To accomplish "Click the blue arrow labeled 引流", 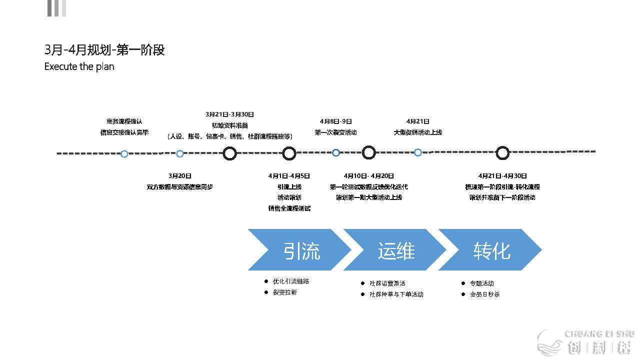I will click(300, 250).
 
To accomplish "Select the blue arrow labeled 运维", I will click(395, 250).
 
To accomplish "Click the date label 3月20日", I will click(180, 176).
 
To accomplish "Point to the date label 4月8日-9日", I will click(336, 121).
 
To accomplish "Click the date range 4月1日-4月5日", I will click(289, 176).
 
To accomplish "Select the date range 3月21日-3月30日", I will click(229, 114).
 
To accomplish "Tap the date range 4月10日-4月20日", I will click(369, 176).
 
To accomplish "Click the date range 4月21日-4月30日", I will click(502, 176).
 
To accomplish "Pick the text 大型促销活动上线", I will click(418, 132).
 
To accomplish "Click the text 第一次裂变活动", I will click(336, 132).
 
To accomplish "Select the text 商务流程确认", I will click(124, 121).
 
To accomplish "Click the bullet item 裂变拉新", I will click(285, 292).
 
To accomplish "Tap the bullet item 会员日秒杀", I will click(484, 294).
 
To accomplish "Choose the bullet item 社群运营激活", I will click(387, 283).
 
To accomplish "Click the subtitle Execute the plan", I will click(79, 66).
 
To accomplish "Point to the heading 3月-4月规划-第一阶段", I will click(104, 50).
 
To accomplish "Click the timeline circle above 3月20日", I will click(180, 153).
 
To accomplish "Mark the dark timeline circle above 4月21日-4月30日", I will click(502, 153).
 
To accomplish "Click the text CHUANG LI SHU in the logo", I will click(599, 334).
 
